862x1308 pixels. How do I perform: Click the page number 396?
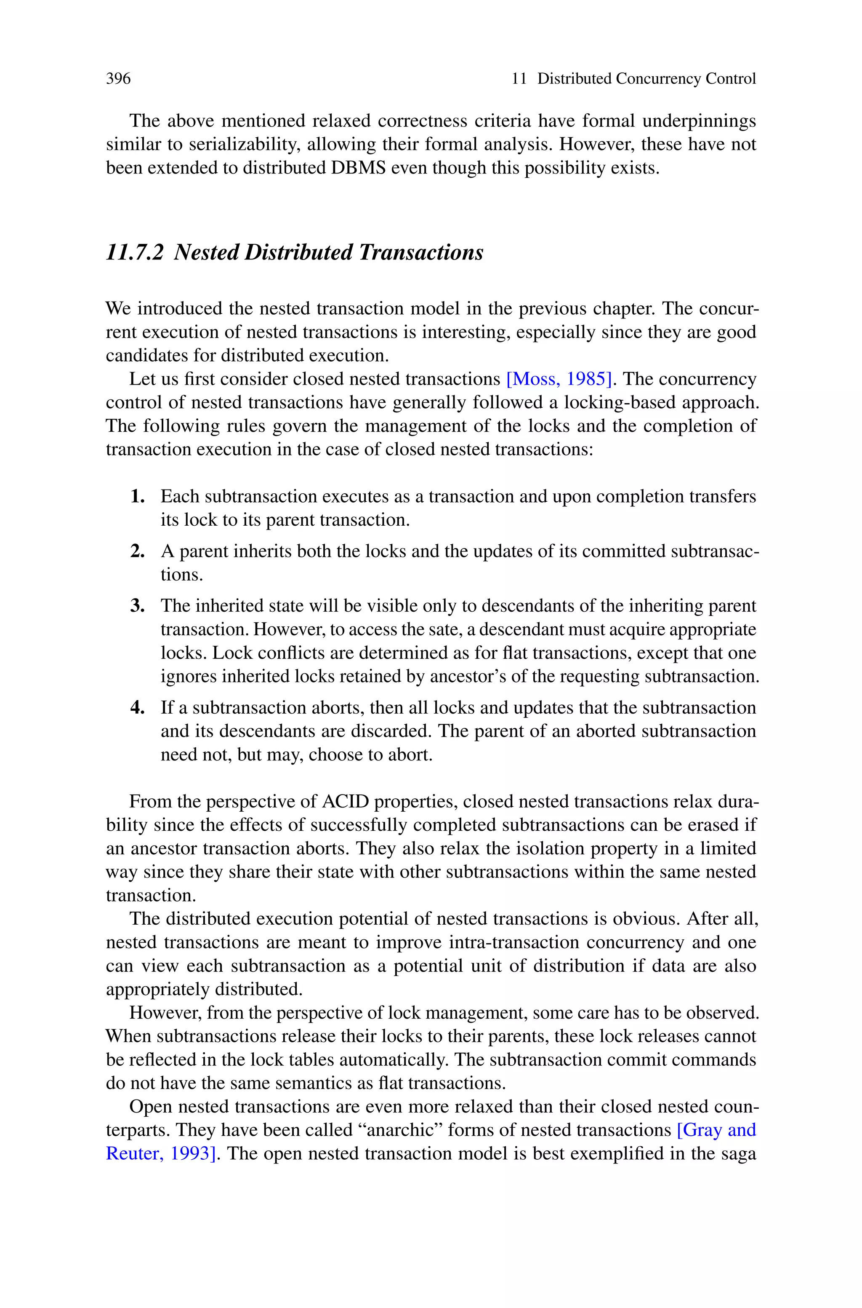tap(118, 79)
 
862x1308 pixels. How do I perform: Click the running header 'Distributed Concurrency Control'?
tap(646, 79)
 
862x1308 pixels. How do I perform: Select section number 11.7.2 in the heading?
tap(135, 252)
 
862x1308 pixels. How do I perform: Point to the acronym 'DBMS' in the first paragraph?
tap(359, 168)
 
